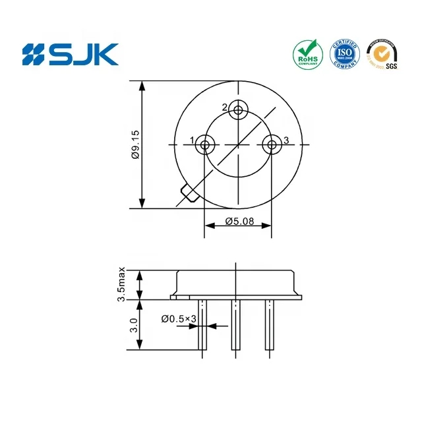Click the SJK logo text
tap(70, 53)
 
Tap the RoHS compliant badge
tap(308, 54)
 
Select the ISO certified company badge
tap(345, 54)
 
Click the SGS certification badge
tap(382, 54)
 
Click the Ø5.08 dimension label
tap(239, 221)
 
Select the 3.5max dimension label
tap(122, 285)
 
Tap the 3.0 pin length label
tap(133, 324)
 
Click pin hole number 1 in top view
tap(206, 144)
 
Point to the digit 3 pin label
tap(286, 140)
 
